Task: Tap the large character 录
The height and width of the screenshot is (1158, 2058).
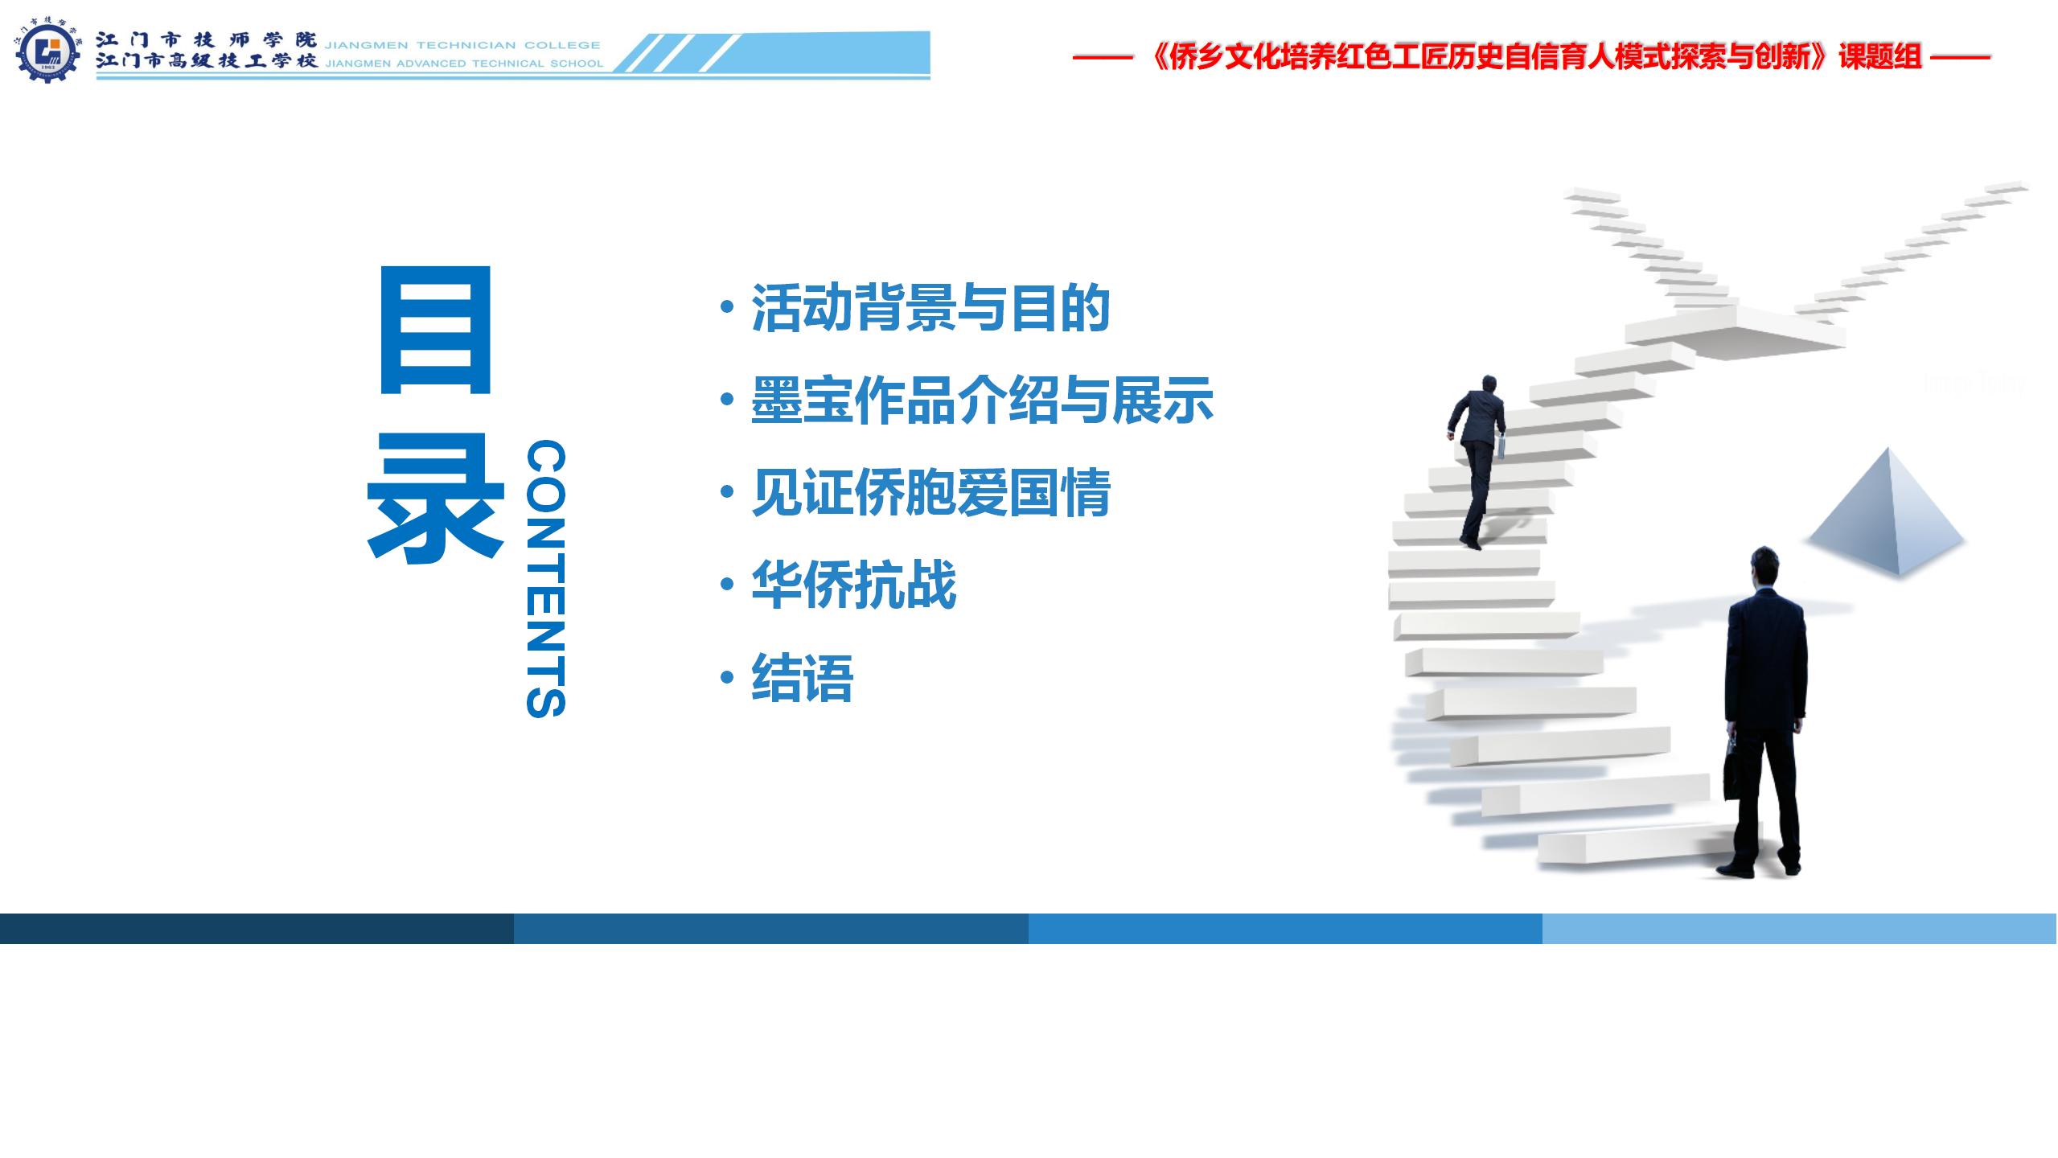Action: coord(435,498)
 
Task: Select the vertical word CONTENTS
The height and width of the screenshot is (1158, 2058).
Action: coord(546,578)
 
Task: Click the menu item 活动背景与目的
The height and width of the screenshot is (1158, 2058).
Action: coord(931,308)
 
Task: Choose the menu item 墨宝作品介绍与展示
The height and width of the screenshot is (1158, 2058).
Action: coord(982,400)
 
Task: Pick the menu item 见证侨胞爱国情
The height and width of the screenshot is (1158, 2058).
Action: coord(931,492)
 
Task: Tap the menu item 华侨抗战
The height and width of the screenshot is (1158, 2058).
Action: coord(854,585)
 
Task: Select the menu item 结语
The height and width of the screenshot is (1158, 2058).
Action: coord(803,678)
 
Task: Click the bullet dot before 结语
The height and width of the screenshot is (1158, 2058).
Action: coord(728,678)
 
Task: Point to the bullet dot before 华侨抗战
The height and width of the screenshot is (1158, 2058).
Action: coord(728,585)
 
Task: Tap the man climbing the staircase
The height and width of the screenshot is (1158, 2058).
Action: coord(1477,462)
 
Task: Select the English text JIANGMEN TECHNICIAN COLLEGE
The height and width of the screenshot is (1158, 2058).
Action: coord(462,45)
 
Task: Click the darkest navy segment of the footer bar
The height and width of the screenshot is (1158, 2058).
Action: coord(257,928)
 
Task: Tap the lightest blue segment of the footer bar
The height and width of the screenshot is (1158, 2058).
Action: coord(1800,928)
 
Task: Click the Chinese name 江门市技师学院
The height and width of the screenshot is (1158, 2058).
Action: coord(207,40)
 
